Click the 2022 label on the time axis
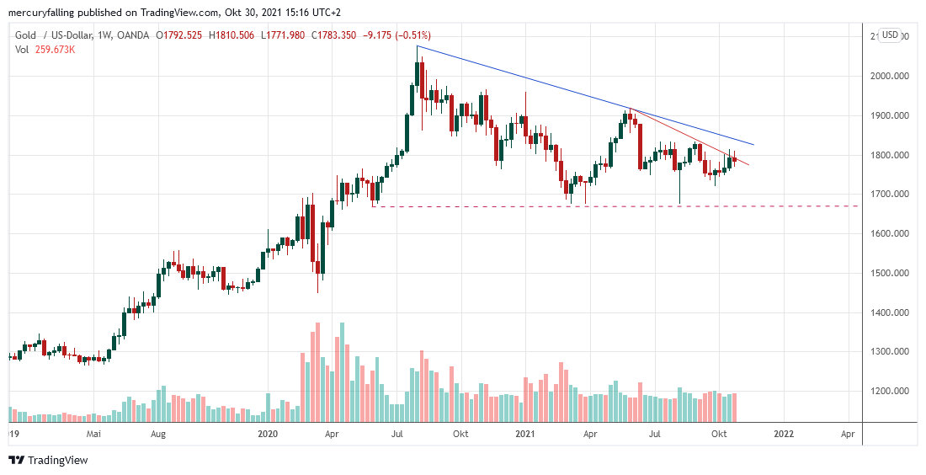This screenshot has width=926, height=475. (783, 434)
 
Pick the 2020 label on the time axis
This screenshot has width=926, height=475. (268, 434)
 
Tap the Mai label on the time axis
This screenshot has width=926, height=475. (93, 434)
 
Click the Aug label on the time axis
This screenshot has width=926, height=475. (158, 434)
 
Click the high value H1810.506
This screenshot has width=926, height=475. (235, 35)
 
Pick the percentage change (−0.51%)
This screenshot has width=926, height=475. (412, 35)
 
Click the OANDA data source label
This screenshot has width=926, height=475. (133, 35)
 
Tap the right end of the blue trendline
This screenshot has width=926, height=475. (753, 145)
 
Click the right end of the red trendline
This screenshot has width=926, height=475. (748, 165)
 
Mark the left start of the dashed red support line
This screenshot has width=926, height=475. (373, 205)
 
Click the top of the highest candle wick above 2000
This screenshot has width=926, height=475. (418, 45)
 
